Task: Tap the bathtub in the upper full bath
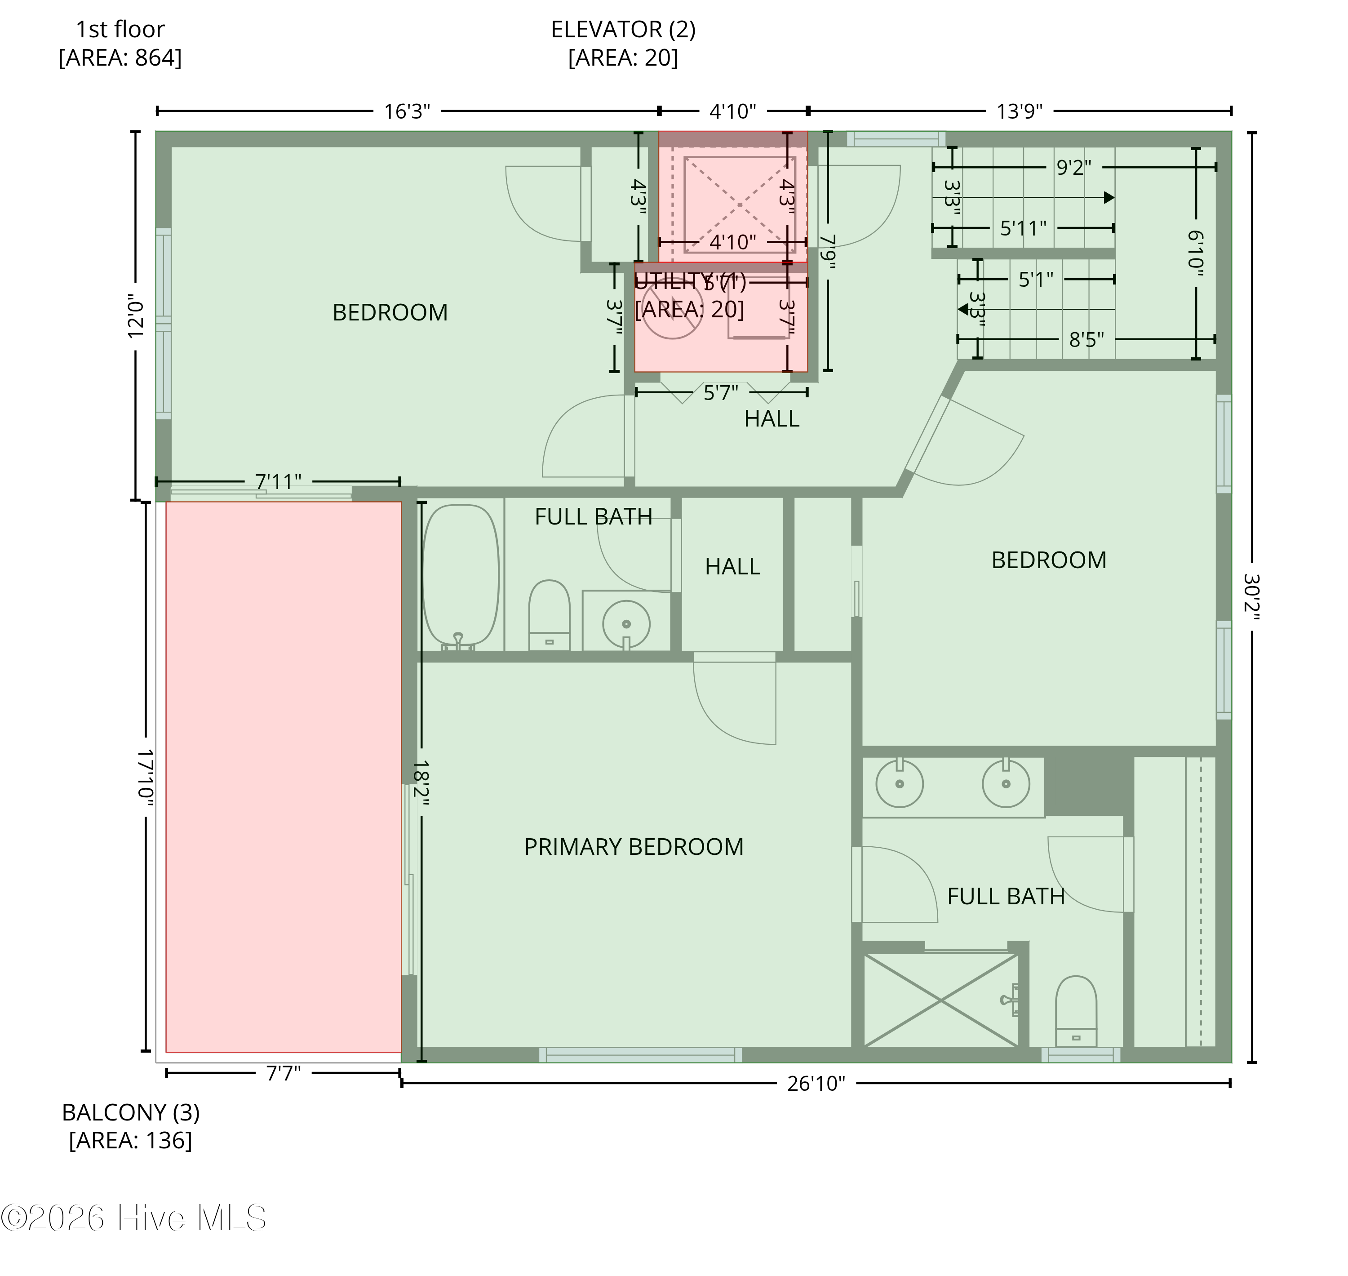click(461, 575)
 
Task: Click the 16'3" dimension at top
click(407, 111)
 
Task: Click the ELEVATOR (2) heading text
click(623, 29)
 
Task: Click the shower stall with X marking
click(940, 1000)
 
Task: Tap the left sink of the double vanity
click(899, 783)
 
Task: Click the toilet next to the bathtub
click(549, 614)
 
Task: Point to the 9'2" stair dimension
click(1073, 167)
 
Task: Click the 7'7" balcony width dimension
click(283, 1073)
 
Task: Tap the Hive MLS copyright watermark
click(133, 1218)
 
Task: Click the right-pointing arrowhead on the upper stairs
click(1109, 198)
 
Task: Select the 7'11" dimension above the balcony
click(278, 481)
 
